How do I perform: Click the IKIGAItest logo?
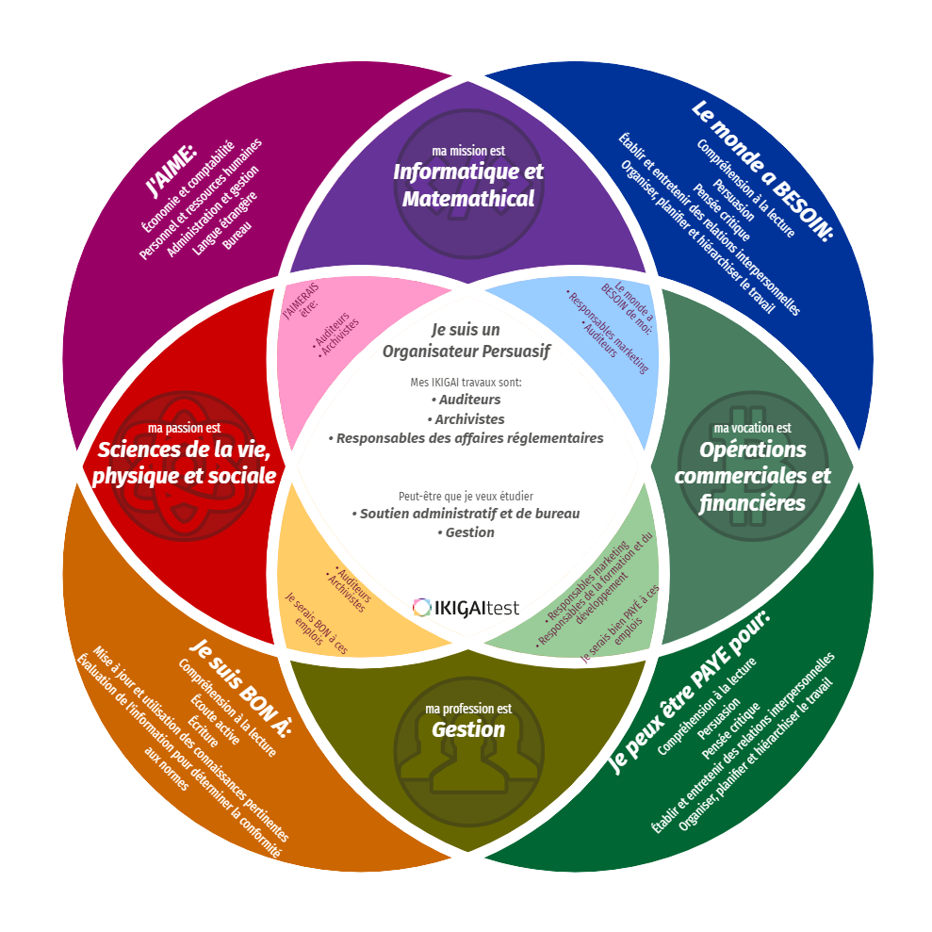tap(466, 607)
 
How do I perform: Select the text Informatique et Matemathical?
tap(468, 186)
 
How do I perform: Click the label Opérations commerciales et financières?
tap(752, 477)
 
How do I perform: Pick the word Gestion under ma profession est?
tap(468, 729)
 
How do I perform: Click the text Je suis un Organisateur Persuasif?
tap(466, 340)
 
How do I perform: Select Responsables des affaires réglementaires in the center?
tap(466, 438)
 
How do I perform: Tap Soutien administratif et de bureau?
tap(466, 514)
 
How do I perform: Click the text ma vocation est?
tap(752, 428)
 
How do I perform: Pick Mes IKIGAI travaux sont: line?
tap(466, 383)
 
